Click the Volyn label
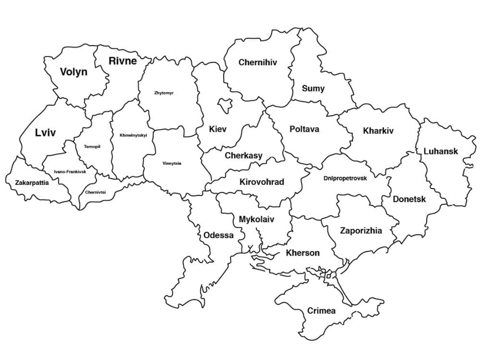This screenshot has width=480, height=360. pyautogui.click(x=74, y=72)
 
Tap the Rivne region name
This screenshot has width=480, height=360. pyautogui.click(x=122, y=61)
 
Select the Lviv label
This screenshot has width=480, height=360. pyautogui.click(x=45, y=133)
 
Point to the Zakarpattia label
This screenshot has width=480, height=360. pyautogui.click(x=32, y=183)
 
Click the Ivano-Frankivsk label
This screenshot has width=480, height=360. pyautogui.click(x=70, y=171)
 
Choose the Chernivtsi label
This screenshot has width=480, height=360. pyautogui.click(x=95, y=192)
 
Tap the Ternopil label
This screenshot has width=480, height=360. pyautogui.click(x=92, y=146)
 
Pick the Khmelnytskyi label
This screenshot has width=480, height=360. pyautogui.click(x=133, y=135)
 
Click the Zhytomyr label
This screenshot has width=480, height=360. pyautogui.click(x=164, y=93)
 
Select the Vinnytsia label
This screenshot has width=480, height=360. pyautogui.click(x=172, y=163)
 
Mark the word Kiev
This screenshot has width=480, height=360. pyautogui.click(x=218, y=129)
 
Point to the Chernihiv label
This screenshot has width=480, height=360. pyautogui.click(x=258, y=63)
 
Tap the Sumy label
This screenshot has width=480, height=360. pyautogui.click(x=313, y=89)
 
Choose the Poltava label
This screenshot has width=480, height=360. pyautogui.click(x=304, y=129)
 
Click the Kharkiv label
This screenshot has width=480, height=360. pyautogui.click(x=378, y=131)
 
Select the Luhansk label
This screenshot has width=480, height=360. pyautogui.click(x=440, y=151)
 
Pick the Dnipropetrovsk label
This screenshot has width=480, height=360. pyautogui.click(x=345, y=178)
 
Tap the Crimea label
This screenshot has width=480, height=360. pyautogui.click(x=321, y=311)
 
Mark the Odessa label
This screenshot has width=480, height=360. pyautogui.click(x=219, y=235)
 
